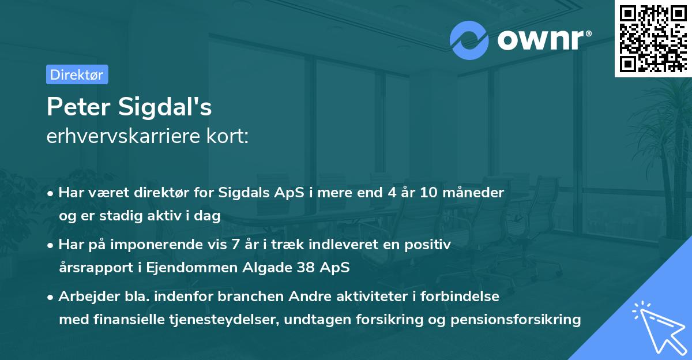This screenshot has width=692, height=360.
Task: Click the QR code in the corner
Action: (x=653, y=39)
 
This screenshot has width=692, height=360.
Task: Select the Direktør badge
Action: (x=77, y=74)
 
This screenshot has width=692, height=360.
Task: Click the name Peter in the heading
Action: (x=80, y=107)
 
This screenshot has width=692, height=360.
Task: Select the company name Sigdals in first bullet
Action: (x=242, y=193)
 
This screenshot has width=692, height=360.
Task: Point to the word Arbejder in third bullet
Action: (x=84, y=297)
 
